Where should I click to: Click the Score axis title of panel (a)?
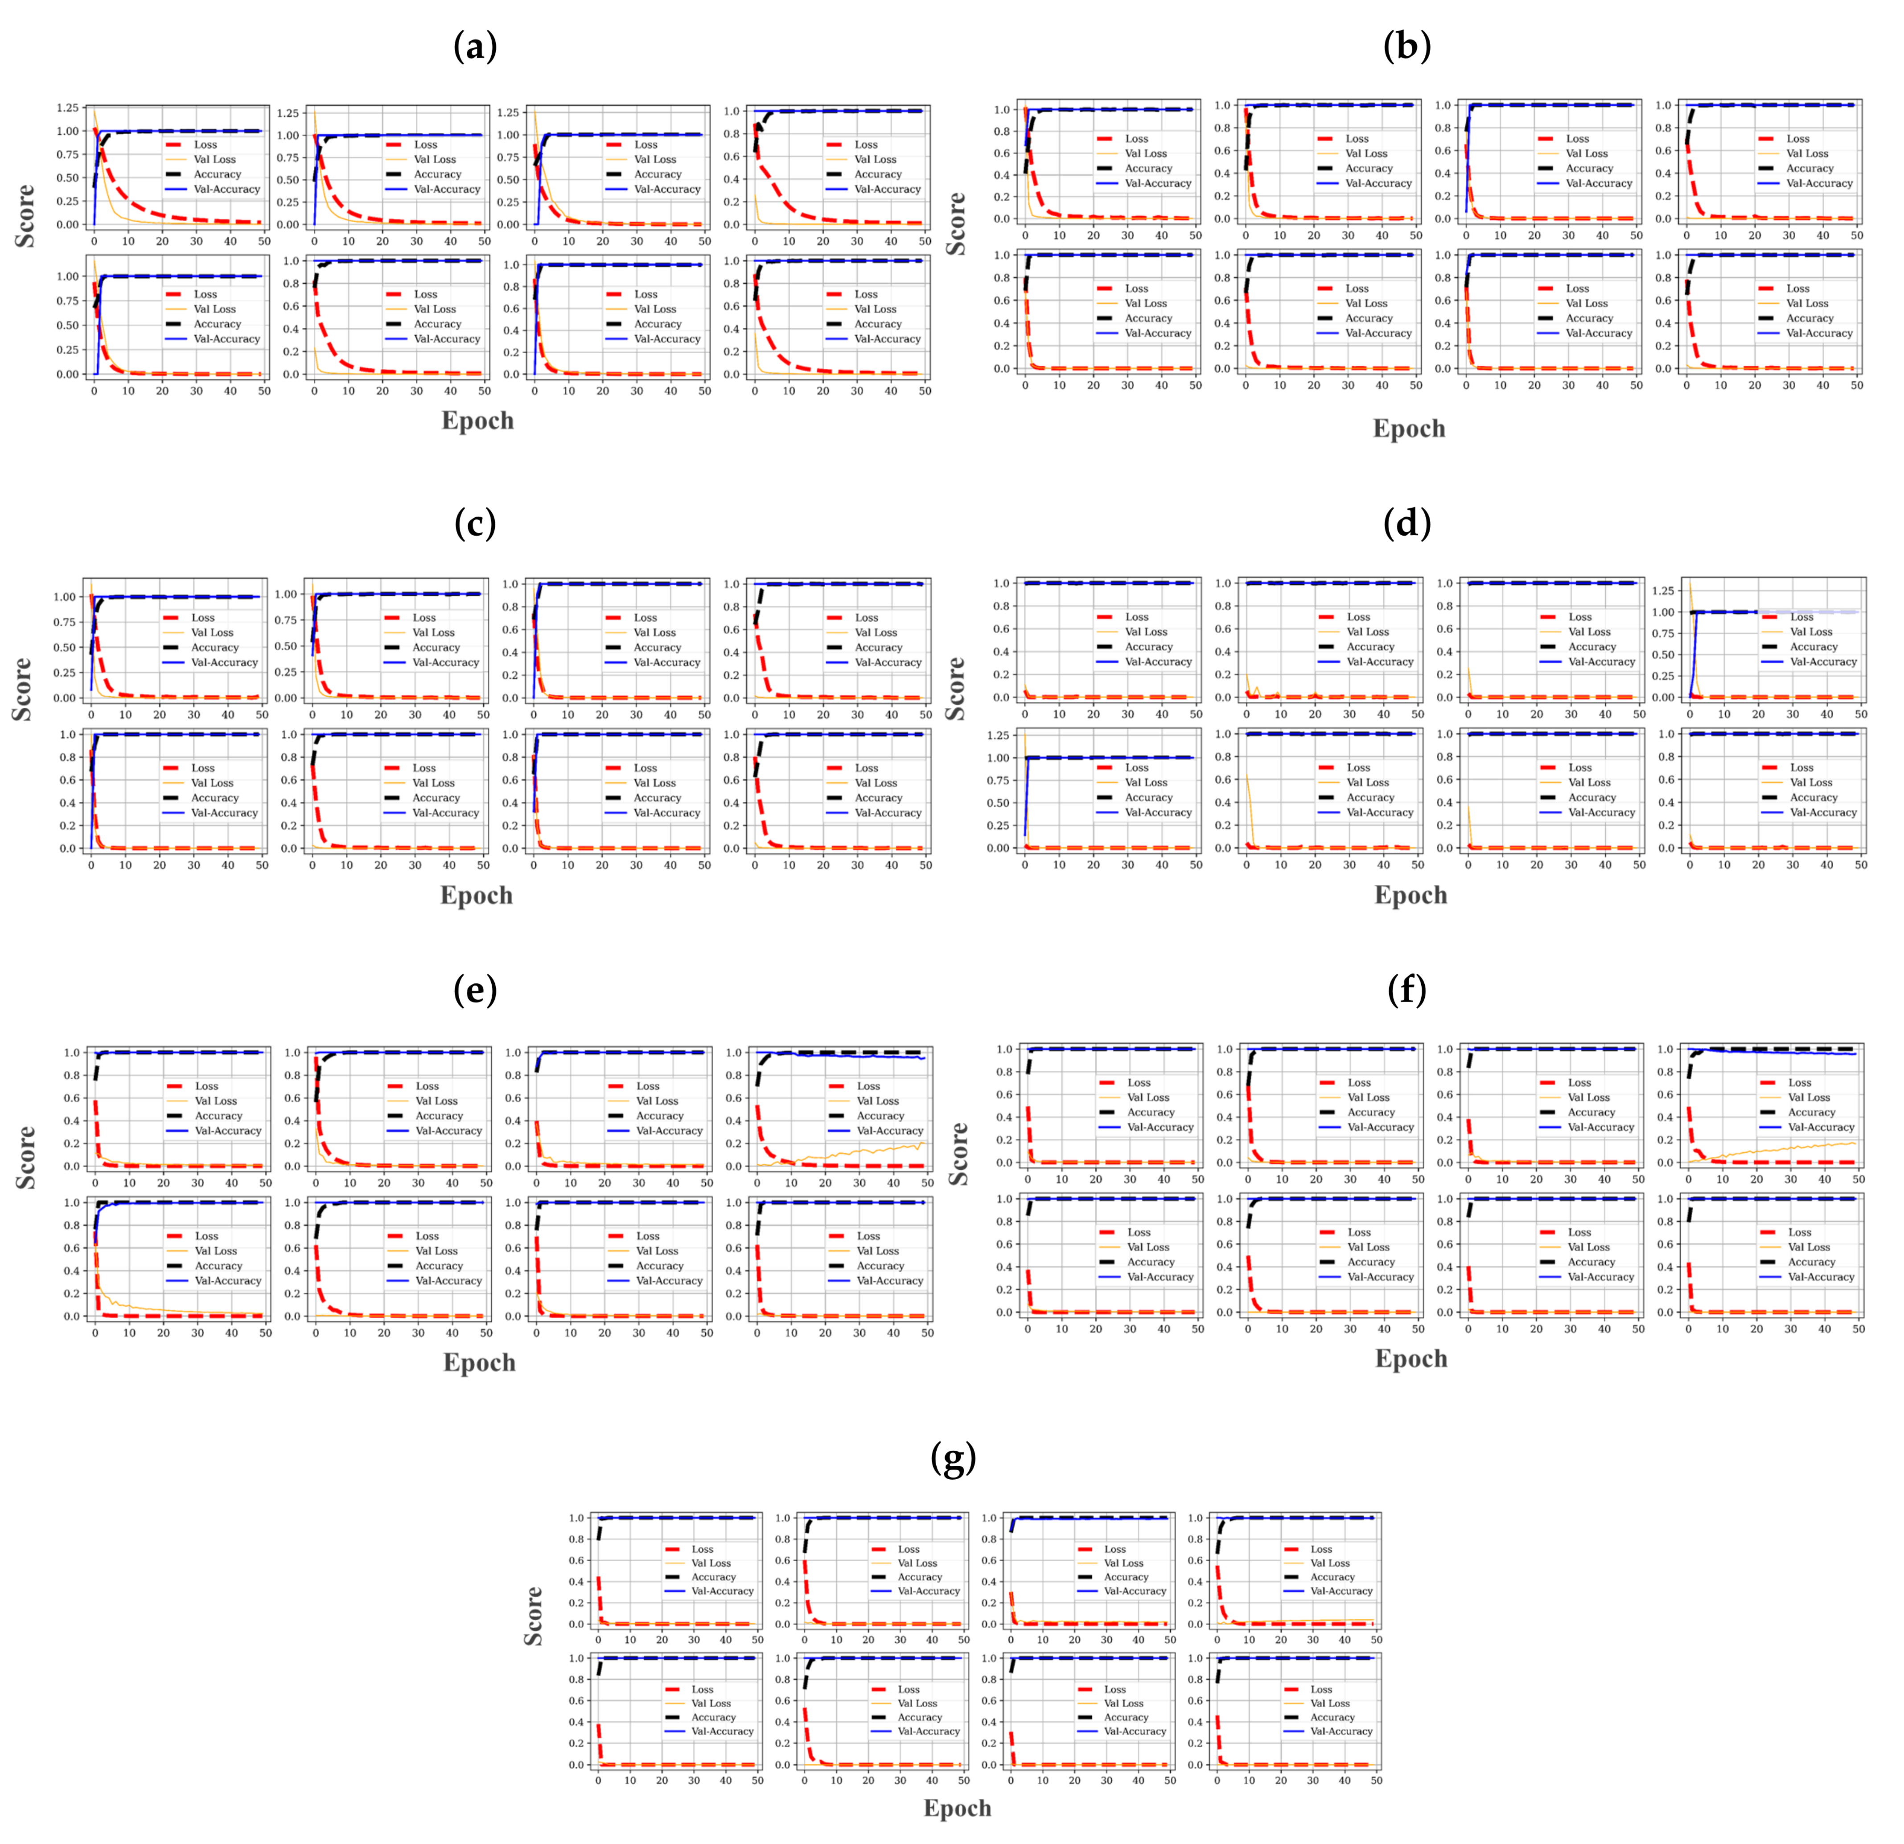pyautogui.click(x=25, y=216)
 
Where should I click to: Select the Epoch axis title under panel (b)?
pyautogui.click(x=1409, y=429)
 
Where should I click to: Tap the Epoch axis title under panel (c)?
pyautogui.click(x=476, y=895)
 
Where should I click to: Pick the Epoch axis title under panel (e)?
pyautogui.click(x=479, y=1362)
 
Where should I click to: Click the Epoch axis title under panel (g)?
pyautogui.click(x=957, y=1808)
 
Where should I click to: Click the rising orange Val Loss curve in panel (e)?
pyautogui.click(x=874, y=1152)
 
